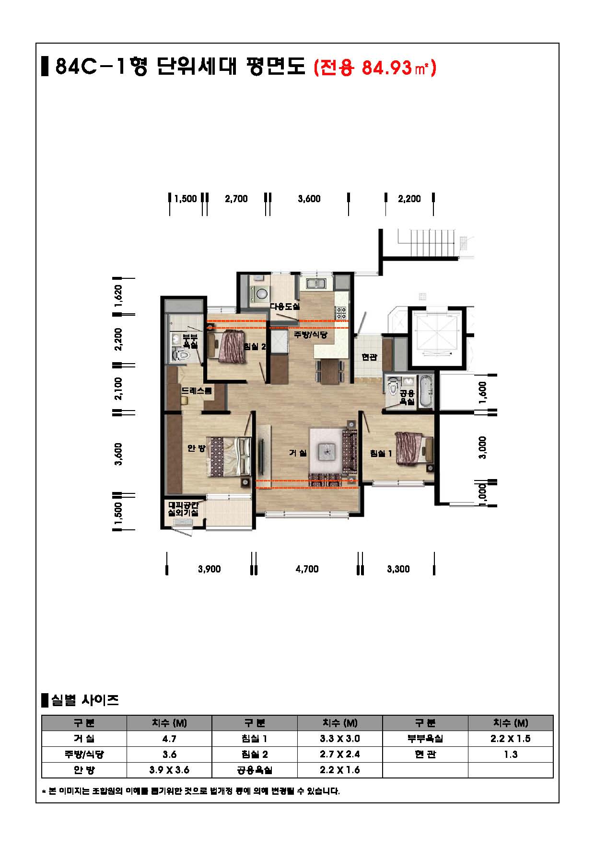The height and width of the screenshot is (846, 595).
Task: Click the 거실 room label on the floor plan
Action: (298, 453)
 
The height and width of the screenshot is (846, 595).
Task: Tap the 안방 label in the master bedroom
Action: (196, 448)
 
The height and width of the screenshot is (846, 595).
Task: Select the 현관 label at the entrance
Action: (369, 357)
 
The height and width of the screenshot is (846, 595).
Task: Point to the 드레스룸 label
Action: (196, 390)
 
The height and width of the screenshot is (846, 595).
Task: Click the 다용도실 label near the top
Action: (285, 306)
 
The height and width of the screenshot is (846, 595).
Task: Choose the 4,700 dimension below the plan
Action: (307, 569)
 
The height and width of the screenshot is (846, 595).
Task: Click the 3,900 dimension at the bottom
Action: (210, 569)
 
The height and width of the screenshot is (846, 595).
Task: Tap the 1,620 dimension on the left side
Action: (119, 296)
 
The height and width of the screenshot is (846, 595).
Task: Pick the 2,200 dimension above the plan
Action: (409, 199)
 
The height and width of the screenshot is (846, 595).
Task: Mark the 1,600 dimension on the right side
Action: (482, 392)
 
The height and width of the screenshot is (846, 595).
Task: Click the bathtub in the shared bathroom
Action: (425, 392)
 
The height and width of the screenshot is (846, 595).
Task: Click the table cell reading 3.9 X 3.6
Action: (169, 770)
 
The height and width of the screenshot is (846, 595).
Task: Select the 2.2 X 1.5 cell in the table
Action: (510, 738)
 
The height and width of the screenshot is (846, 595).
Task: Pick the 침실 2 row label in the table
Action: (255, 754)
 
